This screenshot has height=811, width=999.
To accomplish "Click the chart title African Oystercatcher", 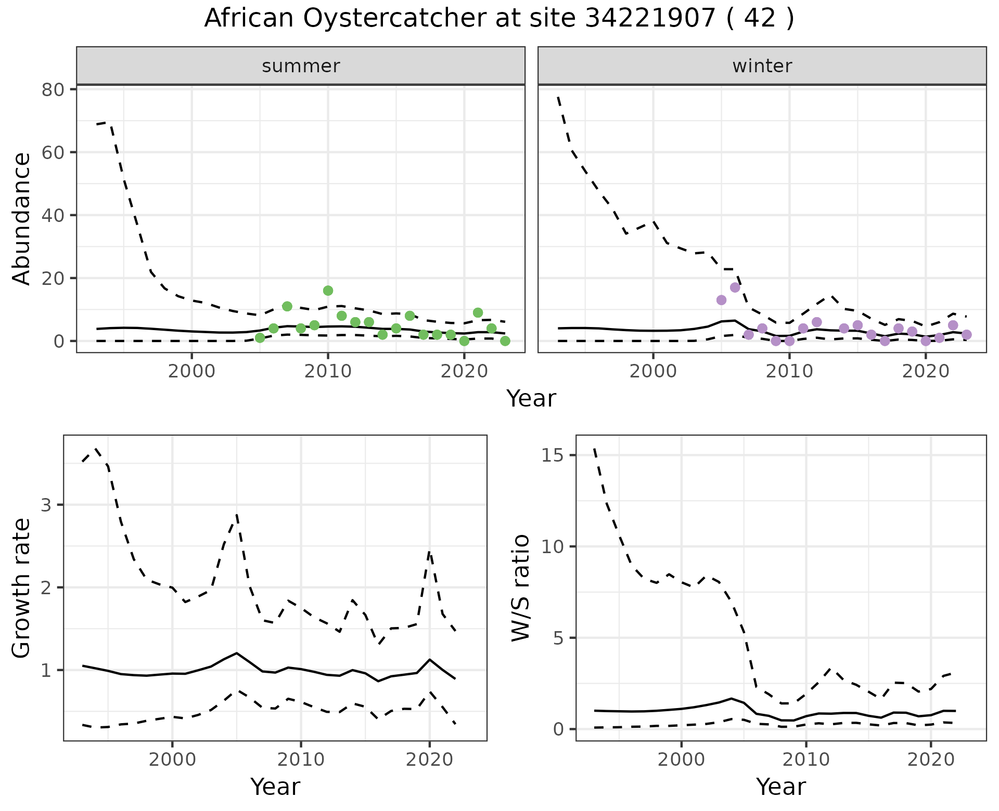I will pyautogui.click(x=498, y=19).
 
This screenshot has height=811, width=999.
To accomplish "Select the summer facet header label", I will pyautogui.click(x=301, y=66).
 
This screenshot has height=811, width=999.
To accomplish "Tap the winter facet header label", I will pyautogui.click(x=762, y=66).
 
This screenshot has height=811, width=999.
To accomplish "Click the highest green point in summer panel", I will pyautogui.click(x=328, y=291).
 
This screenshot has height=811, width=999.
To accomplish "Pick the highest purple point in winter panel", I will pyautogui.click(x=735, y=287).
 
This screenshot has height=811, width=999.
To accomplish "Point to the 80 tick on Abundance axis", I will pyautogui.click(x=53, y=89).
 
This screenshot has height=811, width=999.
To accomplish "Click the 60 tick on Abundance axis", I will pyautogui.click(x=53, y=152).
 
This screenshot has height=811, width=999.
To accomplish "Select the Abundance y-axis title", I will pyautogui.click(x=22, y=218).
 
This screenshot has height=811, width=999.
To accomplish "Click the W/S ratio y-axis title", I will pyautogui.click(x=520, y=587).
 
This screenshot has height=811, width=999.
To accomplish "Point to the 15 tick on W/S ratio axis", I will pyautogui.click(x=553, y=455).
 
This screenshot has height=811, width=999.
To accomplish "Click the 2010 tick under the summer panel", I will pyautogui.click(x=328, y=372).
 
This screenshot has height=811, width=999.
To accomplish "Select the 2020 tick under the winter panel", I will pyautogui.click(x=926, y=372).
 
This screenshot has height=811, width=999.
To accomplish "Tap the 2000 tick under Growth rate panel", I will pyautogui.click(x=172, y=760).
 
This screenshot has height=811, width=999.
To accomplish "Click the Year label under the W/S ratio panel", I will pyautogui.click(x=780, y=787).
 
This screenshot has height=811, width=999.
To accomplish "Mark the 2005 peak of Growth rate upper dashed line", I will pyautogui.click(x=237, y=515).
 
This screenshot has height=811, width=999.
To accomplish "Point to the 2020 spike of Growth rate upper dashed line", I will pyautogui.click(x=429, y=552).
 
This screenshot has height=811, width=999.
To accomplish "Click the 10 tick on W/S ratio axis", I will pyautogui.click(x=553, y=546).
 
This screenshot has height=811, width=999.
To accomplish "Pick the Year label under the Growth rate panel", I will pyautogui.click(x=275, y=787).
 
